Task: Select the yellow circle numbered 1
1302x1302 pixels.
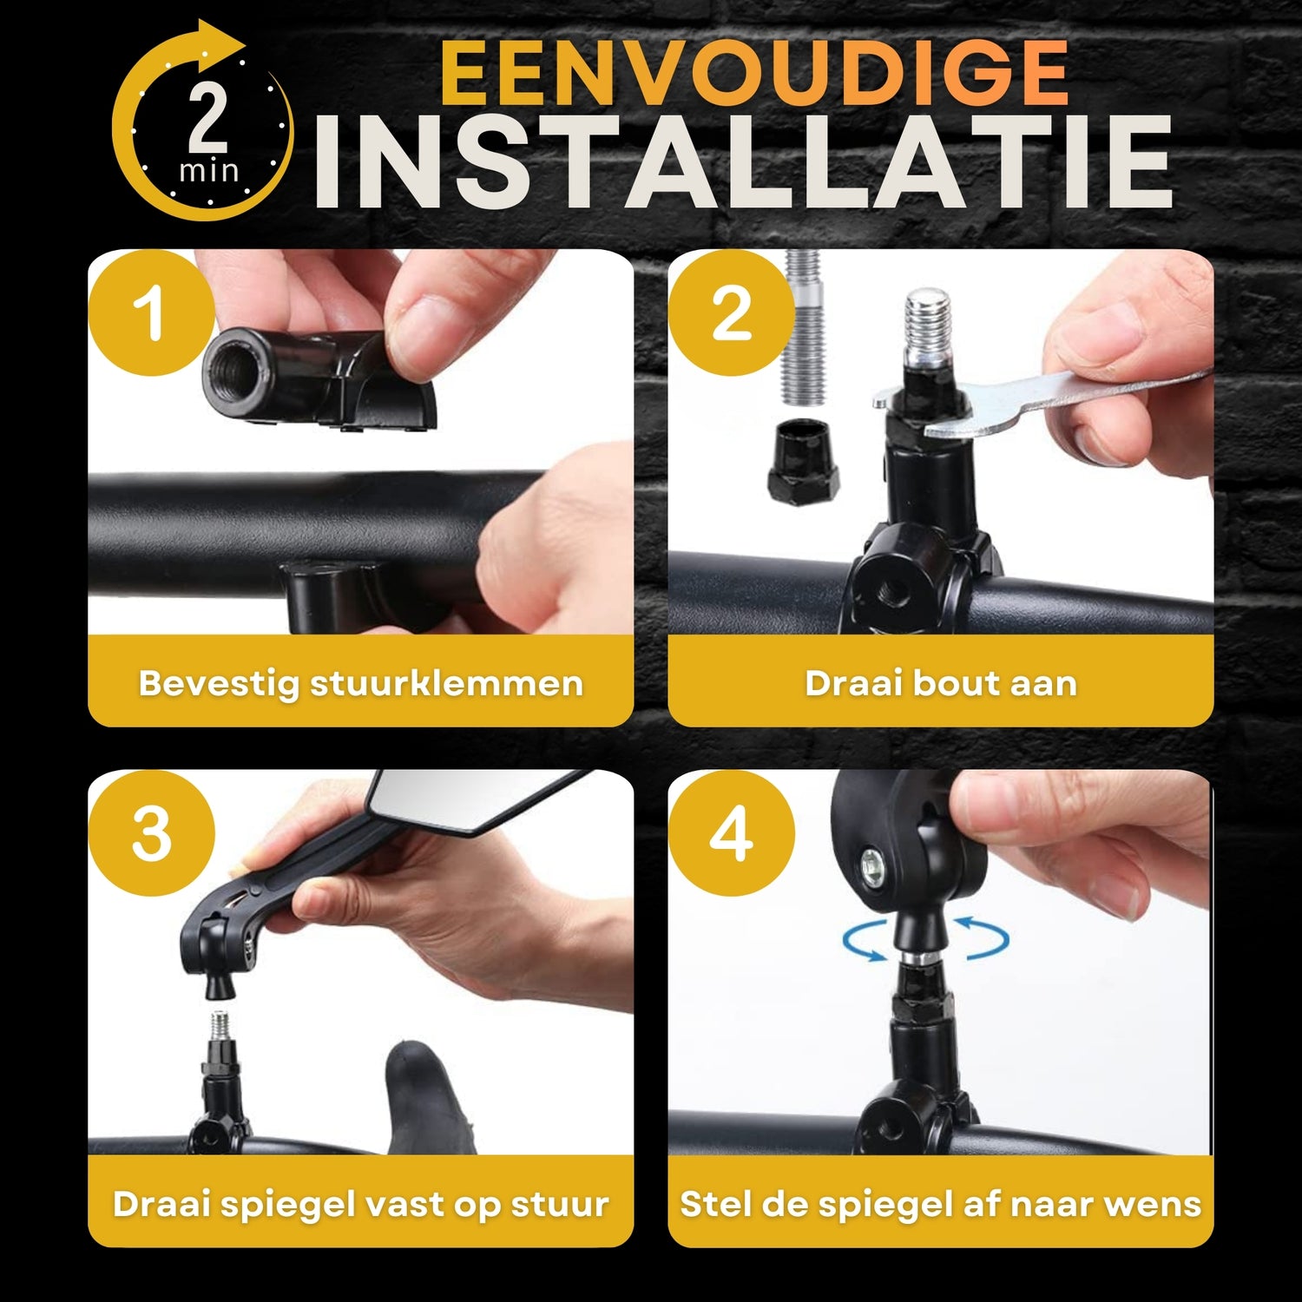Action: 152,313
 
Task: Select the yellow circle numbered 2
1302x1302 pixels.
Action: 731,313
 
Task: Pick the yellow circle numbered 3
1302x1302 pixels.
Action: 152,834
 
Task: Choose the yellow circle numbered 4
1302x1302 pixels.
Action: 731,834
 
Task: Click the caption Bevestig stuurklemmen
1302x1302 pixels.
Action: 360,683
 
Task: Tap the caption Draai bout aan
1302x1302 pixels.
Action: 941,683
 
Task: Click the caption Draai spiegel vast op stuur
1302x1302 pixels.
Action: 360,1204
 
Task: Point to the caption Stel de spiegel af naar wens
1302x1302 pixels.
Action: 941,1204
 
